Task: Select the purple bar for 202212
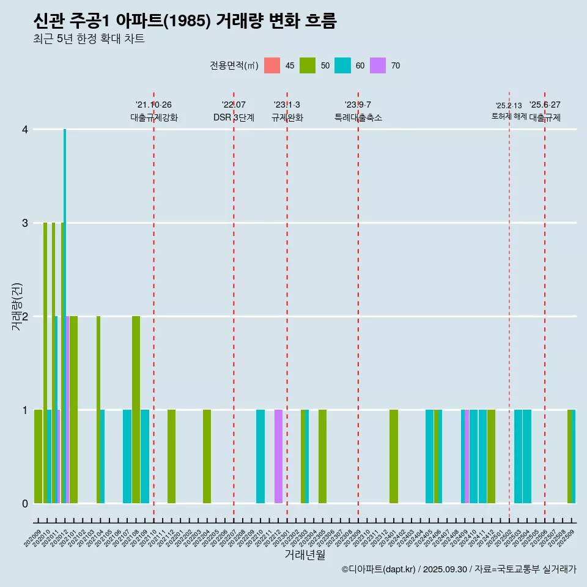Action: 278,456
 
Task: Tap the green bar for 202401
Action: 394,456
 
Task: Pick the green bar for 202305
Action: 322,456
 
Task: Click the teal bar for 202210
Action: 260,456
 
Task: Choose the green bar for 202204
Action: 207,456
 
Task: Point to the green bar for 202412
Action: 492,456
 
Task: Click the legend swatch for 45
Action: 272,65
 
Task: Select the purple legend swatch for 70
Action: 378,65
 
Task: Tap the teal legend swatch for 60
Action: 343,65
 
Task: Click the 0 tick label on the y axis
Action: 24,503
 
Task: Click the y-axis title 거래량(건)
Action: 17,307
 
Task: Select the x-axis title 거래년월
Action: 305,555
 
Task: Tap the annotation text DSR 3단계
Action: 234,117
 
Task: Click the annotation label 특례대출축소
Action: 358,117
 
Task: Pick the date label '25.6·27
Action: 545,105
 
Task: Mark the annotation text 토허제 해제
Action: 509,116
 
